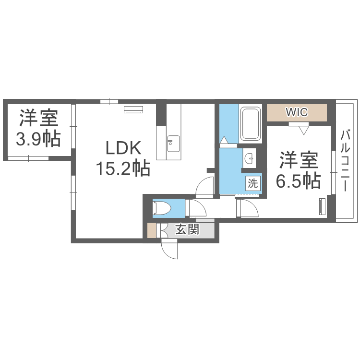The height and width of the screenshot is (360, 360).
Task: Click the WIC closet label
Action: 297,112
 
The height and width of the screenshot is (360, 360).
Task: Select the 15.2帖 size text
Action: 123,168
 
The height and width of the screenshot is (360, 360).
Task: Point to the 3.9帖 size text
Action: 38,139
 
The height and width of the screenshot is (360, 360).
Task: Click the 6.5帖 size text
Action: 298,180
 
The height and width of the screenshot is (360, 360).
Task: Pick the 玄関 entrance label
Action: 187,230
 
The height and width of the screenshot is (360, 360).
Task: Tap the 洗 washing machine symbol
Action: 252,183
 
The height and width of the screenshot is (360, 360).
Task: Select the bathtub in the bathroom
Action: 250,124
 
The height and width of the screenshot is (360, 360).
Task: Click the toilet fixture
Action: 162,208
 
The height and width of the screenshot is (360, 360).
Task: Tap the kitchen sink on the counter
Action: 173,142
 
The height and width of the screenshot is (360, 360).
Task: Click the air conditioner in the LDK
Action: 133,110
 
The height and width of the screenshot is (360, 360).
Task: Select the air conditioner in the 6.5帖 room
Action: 322,207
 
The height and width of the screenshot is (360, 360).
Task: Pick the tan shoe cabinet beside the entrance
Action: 152,231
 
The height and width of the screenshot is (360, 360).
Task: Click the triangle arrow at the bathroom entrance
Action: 223,140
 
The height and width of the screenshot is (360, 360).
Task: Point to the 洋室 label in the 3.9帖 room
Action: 38,118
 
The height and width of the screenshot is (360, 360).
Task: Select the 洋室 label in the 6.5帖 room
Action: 298,159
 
